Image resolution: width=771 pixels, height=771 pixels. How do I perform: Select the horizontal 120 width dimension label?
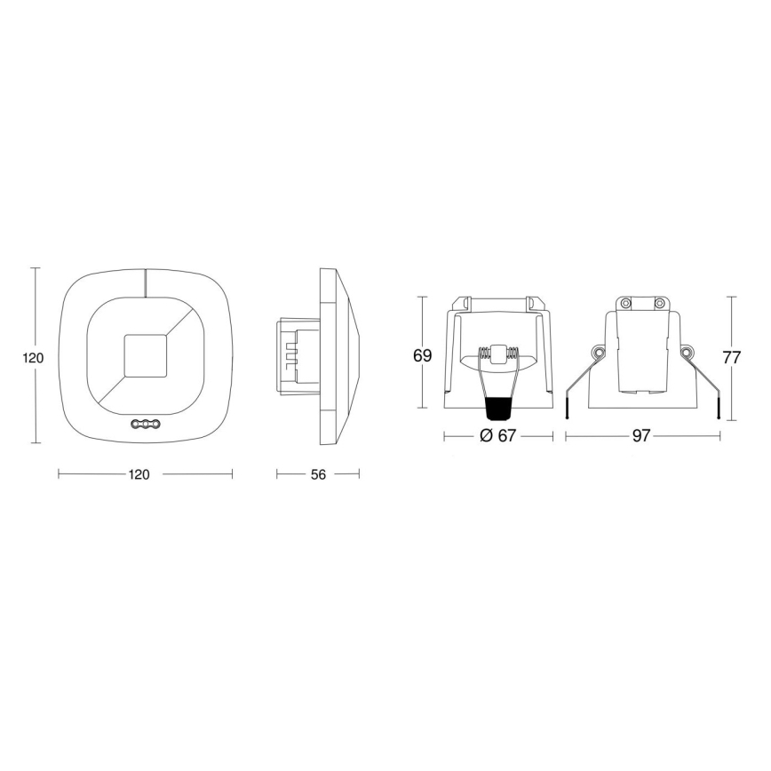(x=139, y=474)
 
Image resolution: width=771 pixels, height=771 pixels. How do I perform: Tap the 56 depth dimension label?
(x=317, y=474)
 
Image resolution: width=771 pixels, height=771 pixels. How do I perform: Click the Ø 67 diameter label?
(x=497, y=436)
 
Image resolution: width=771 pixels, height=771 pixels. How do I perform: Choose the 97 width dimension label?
(x=642, y=436)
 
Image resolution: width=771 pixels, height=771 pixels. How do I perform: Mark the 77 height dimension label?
(x=731, y=359)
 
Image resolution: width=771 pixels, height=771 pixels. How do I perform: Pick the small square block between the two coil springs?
(x=498, y=353)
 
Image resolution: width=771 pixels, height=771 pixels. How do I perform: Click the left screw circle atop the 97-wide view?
(x=625, y=304)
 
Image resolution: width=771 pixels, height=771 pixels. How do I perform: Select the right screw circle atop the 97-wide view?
(x=659, y=304)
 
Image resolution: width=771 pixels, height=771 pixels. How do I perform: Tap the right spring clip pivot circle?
(x=687, y=354)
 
